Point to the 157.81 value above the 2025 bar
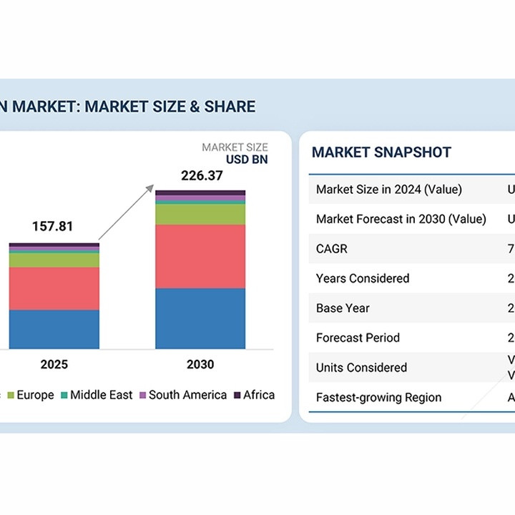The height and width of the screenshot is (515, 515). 52,227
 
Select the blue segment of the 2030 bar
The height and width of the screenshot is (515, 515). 200,318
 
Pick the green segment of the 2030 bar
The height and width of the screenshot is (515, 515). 200,215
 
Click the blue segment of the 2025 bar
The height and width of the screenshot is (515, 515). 54,329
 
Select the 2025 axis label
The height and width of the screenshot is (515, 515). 54,365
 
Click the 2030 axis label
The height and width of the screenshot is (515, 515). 200,365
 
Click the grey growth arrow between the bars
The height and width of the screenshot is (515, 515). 126,212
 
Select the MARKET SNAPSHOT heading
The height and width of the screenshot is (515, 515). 381,152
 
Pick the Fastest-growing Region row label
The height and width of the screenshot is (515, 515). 378,398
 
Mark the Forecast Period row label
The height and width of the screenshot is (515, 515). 358,338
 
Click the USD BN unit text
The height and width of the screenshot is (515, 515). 247,160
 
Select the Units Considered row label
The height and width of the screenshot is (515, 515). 361,368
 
